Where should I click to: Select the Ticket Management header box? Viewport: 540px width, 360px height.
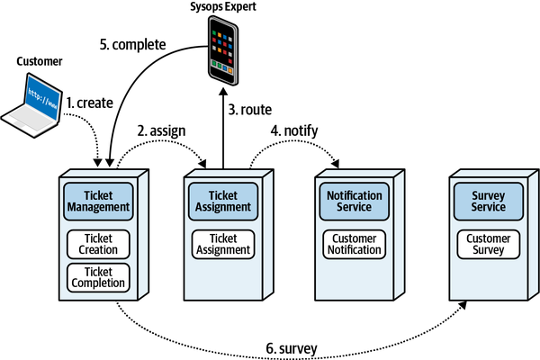pyautogui.click(x=98, y=202)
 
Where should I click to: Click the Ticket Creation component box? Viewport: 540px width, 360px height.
pyautogui.click(x=98, y=243)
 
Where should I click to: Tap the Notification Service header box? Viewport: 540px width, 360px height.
pyautogui.click(x=354, y=202)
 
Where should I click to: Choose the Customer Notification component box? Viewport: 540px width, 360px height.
pyautogui.click(x=354, y=243)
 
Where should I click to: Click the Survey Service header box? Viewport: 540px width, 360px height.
pyautogui.click(x=489, y=202)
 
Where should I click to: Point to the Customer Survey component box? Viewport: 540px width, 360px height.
pyautogui.click(x=489, y=243)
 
